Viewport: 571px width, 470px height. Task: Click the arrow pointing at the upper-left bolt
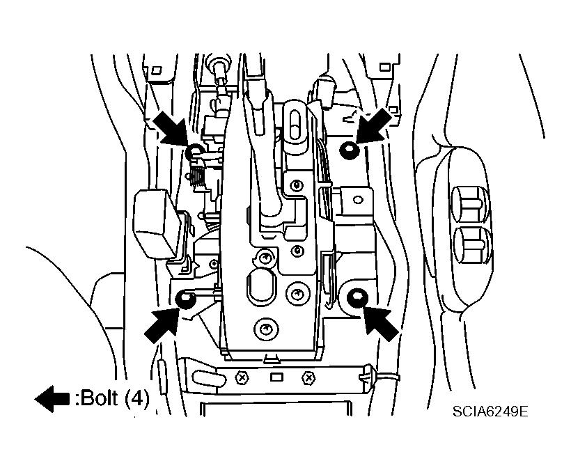click(x=169, y=127)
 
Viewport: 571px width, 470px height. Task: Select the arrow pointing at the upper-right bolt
click(x=375, y=125)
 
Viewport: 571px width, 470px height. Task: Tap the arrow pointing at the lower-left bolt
click(x=161, y=324)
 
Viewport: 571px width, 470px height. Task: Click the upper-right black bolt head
click(x=350, y=150)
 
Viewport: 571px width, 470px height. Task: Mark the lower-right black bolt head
click(x=357, y=297)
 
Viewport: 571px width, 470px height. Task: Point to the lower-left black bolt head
click(x=185, y=300)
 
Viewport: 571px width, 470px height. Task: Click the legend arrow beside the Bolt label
click(x=52, y=399)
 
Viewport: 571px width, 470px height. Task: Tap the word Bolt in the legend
click(x=99, y=398)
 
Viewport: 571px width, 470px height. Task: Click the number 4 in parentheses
click(x=136, y=398)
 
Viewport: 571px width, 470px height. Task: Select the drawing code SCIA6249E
click(x=490, y=412)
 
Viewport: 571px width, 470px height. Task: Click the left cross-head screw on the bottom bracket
click(x=242, y=378)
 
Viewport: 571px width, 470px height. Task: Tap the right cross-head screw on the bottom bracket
click(x=308, y=378)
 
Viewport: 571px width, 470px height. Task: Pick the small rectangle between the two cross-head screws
click(x=276, y=377)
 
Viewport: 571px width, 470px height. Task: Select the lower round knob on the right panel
click(x=472, y=243)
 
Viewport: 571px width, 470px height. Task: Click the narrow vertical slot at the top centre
click(x=296, y=123)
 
